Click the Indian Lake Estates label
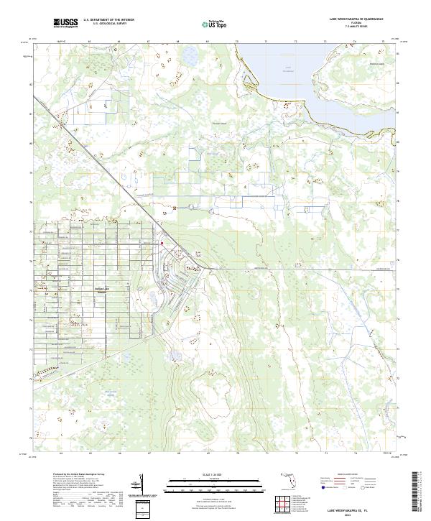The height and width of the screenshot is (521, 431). click(x=106, y=290)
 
